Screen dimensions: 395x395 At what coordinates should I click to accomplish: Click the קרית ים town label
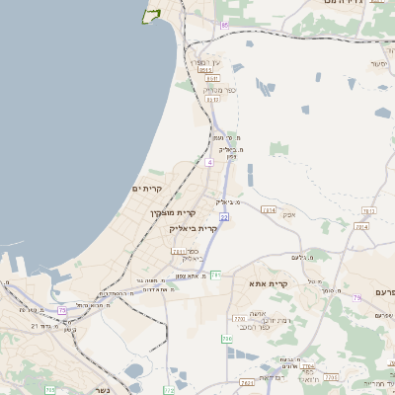[146, 188]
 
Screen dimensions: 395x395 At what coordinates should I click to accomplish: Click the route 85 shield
[225, 23]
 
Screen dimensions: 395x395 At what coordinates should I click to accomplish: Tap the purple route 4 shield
[209, 162]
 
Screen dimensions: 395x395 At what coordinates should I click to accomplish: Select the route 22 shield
[224, 216]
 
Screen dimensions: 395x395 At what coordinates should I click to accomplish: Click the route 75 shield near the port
[63, 311]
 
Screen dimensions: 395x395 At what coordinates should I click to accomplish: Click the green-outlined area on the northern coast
[151, 14]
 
